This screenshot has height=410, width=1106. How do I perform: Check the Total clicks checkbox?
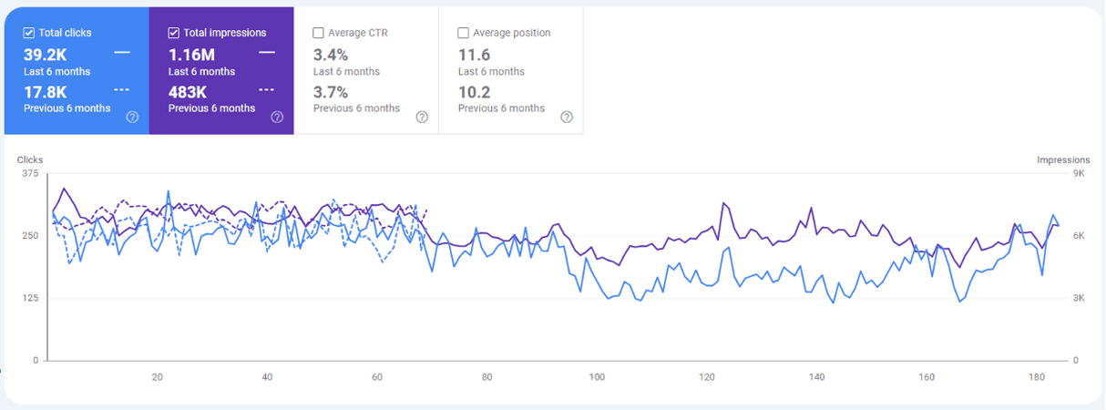[29, 33]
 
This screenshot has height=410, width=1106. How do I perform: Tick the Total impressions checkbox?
[174, 33]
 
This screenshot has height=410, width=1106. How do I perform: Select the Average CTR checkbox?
[319, 33]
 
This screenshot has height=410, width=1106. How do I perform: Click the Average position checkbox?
[464, 33]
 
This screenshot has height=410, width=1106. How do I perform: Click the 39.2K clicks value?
[46, 54]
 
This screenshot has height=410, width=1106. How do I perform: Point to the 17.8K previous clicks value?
[46, 91]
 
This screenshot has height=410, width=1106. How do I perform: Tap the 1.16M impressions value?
[191, 54]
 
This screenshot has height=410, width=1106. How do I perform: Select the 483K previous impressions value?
[189, 91]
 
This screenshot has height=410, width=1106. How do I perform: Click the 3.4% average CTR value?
[331, 54]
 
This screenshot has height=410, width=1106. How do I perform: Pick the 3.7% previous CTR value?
[331, 91]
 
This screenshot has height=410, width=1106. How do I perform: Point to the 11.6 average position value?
[473, 54]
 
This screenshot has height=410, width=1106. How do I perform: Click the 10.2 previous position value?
[473, 91]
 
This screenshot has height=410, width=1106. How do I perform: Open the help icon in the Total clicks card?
[132, 117]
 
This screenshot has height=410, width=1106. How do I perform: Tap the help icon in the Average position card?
[567, 117]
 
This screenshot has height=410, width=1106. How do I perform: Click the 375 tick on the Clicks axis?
[30, 173]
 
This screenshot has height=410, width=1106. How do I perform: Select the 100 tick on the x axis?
[597, 376]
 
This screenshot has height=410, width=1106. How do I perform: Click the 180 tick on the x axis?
[1037, 376]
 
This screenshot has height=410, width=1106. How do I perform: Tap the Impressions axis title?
[1063, 159]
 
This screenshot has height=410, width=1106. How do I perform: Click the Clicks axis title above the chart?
[30, 159]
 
